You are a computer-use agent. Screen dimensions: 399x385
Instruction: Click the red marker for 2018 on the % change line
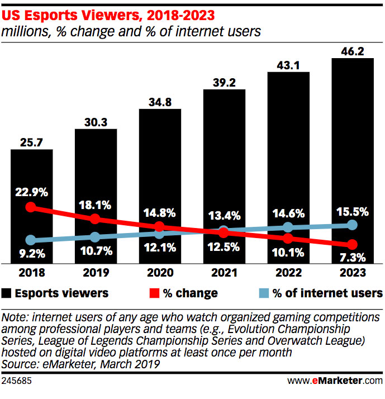click(31, 207)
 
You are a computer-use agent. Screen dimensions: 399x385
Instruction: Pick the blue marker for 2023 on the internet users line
click(352, 225)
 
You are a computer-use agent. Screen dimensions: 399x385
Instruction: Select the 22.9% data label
click(31, 193)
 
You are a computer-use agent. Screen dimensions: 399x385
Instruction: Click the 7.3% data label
click(352, 258)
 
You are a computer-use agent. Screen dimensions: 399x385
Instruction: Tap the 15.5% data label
click(352, 212)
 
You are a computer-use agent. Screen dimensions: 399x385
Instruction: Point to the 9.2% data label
click(31, 254)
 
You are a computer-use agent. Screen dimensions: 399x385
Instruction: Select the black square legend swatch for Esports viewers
click(7, 293)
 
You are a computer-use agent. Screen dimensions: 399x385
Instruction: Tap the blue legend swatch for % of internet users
click(264, 293)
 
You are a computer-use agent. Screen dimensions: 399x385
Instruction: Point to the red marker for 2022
click(288, 238)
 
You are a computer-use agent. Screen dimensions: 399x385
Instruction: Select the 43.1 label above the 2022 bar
click(288, 65)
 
